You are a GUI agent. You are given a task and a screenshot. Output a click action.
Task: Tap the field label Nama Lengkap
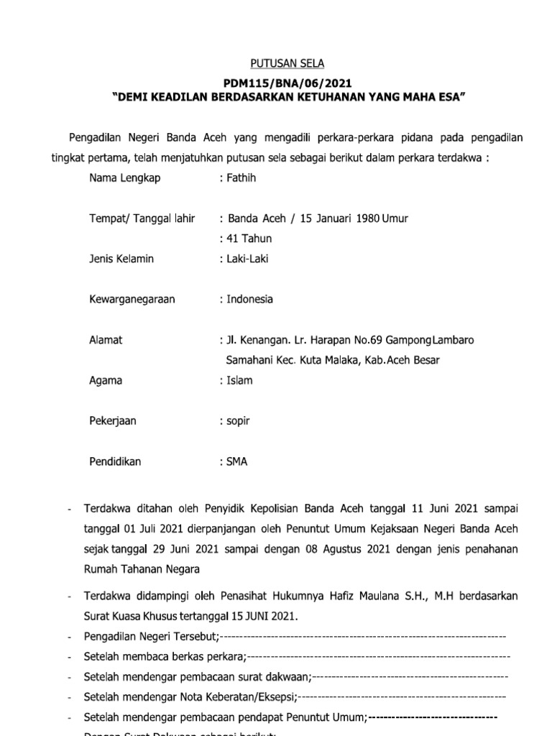click(124, 178)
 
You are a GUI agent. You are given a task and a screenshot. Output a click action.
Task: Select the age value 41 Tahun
click(249, 239)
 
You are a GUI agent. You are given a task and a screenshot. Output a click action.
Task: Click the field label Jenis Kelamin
click(121, 259)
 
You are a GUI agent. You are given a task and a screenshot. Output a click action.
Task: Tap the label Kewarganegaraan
click(132, 299)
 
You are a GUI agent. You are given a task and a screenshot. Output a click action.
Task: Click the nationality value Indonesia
click(249, 299)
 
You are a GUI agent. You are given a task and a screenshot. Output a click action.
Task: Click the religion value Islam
click(239, 380)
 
